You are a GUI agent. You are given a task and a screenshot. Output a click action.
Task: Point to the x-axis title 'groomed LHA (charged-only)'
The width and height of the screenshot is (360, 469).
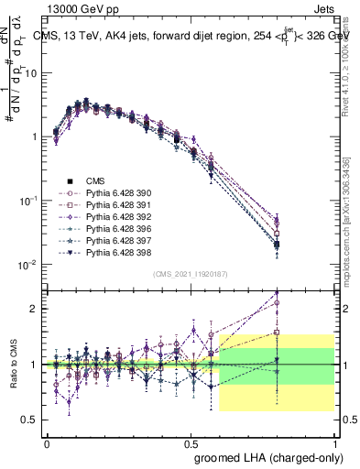click(x=266, y=456)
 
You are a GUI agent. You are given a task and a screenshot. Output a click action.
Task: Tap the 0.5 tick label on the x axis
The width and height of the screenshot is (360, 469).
click(x=191, y=442)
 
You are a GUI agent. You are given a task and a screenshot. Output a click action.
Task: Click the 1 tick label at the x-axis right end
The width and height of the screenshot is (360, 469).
click(x=334, y=442)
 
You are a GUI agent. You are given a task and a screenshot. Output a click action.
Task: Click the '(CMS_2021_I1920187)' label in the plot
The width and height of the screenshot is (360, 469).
click(x=190, y=274)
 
